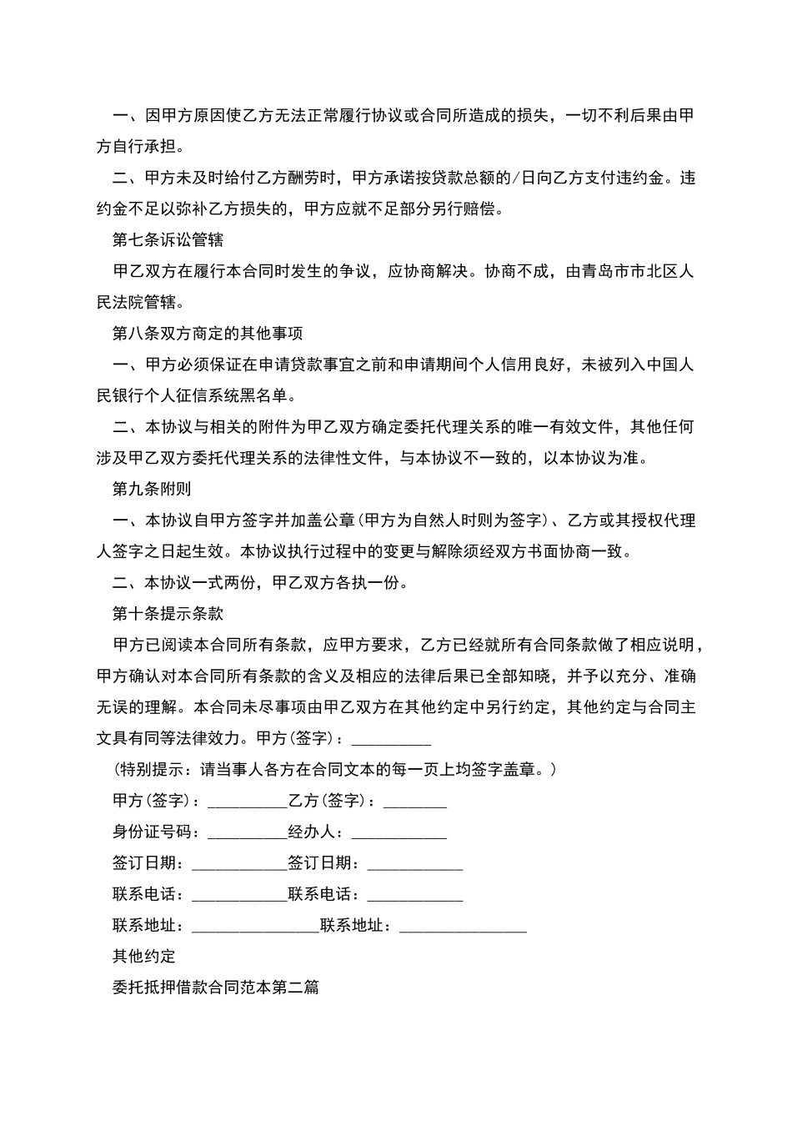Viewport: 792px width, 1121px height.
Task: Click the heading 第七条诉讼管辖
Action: (x=168, y=240)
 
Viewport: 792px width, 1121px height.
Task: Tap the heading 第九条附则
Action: (x=152, y=489)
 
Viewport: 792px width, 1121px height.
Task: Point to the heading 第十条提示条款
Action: (x=168, y=614)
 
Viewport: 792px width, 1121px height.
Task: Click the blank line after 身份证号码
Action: (x=246, y=832)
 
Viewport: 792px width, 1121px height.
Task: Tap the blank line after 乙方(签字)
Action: (x=414, y=802)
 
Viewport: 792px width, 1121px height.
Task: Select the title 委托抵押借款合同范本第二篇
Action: (x=216, y=988)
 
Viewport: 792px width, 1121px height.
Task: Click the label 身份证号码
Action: (x=152, y=832)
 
